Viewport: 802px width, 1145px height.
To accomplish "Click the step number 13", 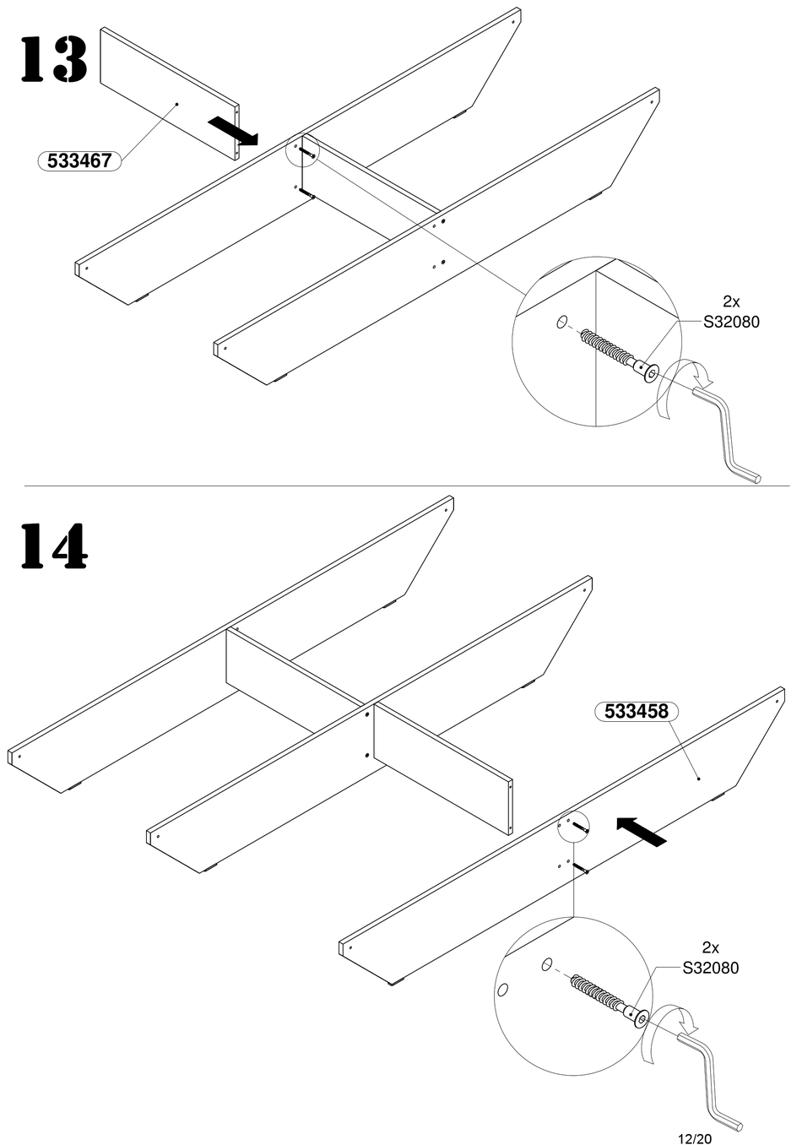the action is click(x=53, y=59).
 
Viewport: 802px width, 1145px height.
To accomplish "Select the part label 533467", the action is click(x=79, y=160).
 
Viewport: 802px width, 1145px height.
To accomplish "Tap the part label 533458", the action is click(x=637, y=712).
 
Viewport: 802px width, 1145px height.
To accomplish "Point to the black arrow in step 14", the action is click(x=641, y=831).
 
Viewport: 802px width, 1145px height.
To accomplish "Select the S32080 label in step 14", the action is click(x=710, y=968).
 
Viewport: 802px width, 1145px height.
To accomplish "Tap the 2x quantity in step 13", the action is click(x=731, y=301).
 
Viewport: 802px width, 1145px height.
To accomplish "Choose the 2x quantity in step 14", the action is click(x=710, y=947).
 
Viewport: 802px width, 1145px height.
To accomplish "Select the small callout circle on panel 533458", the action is click(x=572, y=825).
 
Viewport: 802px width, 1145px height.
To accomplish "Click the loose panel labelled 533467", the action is click(x=169, y=93).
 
